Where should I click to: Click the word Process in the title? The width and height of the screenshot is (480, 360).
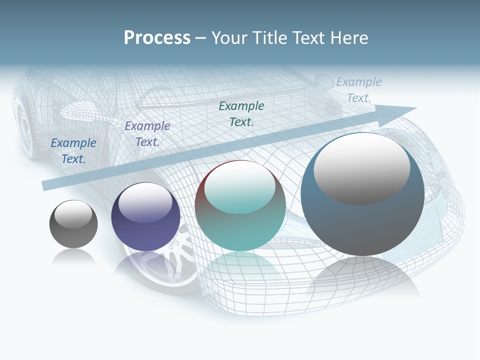[x=157, y=38]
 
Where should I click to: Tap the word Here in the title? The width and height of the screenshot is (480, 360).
[x=349, y=38]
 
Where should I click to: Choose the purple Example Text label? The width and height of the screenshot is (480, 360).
[x=147, y=134]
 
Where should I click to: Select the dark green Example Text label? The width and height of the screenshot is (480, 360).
[x=241, y=113]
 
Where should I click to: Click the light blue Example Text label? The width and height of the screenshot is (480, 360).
[x=358, y=90]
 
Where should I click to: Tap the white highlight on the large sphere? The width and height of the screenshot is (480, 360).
[x=361, y=167]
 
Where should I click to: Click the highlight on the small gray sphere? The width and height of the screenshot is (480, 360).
[x=73, y=214]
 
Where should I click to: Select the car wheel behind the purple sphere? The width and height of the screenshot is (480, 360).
[x=170, y=265]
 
